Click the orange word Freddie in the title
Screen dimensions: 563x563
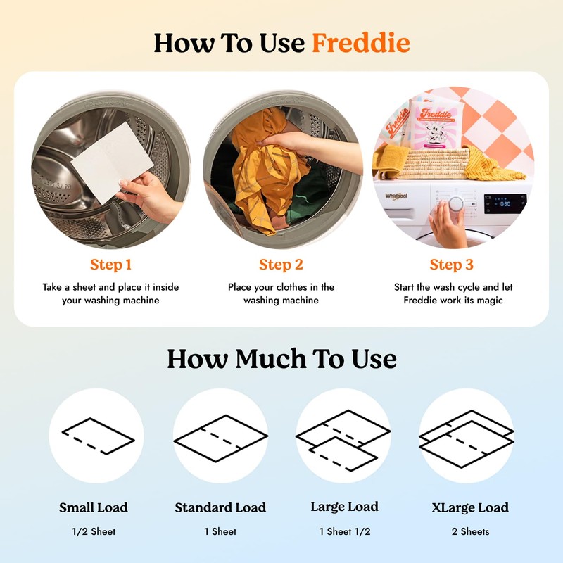[360, 43]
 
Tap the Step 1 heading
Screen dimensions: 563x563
[110, 265]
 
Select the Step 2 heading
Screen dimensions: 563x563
[281, 265]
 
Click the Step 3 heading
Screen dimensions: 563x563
[451, 265]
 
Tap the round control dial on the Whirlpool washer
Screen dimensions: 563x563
[457, 203]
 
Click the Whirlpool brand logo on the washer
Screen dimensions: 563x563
[396, 196]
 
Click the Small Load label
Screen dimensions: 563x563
[94, 507]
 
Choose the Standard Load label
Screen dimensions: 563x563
[220, 507]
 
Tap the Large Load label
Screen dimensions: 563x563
[344, 507]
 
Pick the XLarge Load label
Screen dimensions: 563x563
[469, 507]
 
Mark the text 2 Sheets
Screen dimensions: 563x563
[469, 531]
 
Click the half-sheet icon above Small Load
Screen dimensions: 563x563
[96, 436]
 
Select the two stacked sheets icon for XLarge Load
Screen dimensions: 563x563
[466, 436]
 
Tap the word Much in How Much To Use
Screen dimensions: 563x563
[270, 359]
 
